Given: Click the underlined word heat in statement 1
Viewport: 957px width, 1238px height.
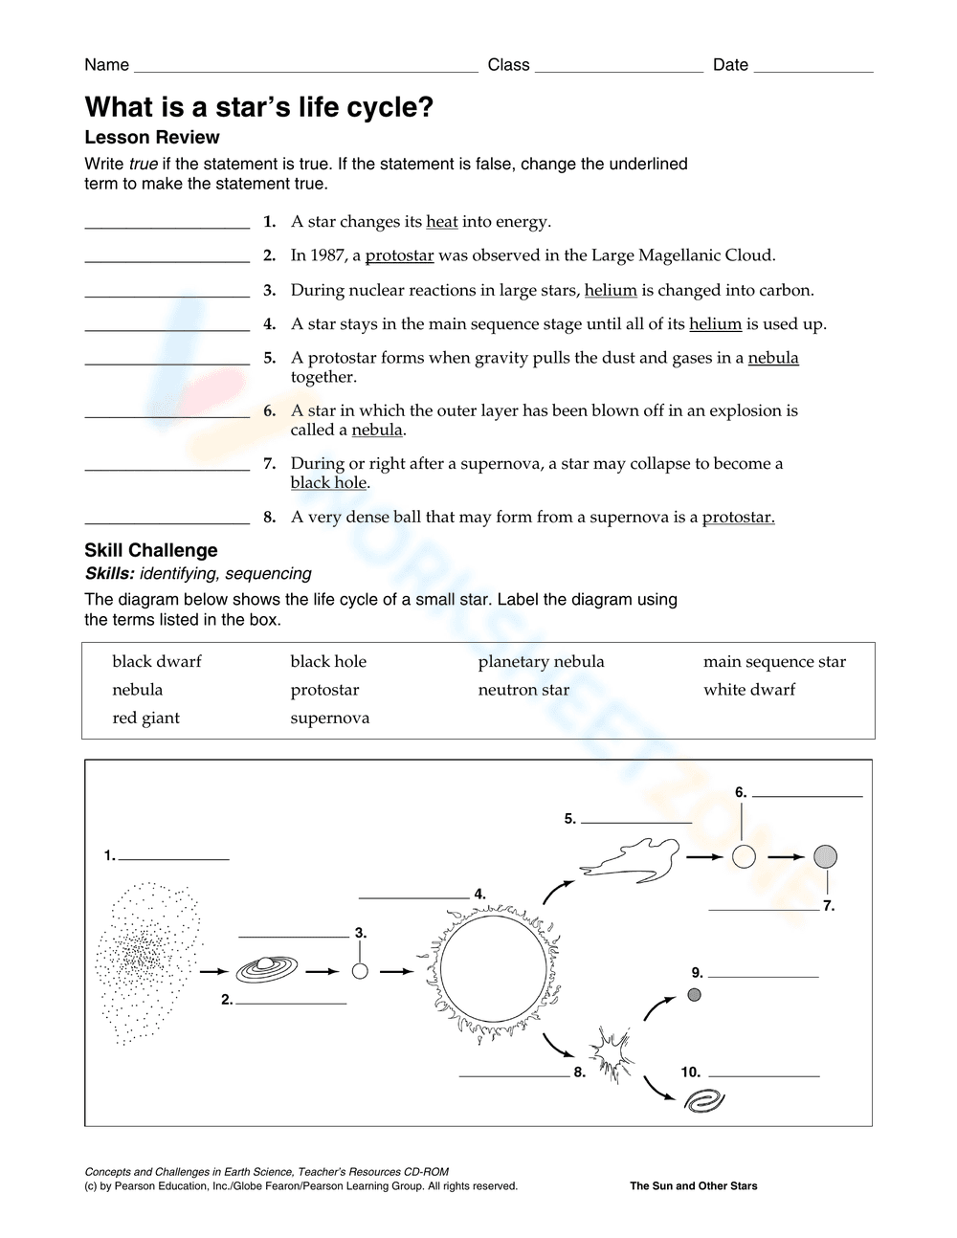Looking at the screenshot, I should tap(441, 222).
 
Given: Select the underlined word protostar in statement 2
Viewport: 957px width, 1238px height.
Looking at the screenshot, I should tap(399, 255).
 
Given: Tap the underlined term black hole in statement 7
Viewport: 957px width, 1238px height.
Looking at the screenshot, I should tap(328, 483).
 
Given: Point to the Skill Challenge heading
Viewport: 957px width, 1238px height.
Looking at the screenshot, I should tap(150, 550).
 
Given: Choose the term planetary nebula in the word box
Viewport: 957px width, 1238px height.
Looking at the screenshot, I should tap(541, 662).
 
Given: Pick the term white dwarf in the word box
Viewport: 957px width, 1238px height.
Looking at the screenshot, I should tap(748, 690).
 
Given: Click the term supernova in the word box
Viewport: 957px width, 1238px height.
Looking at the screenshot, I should tap(329, 718).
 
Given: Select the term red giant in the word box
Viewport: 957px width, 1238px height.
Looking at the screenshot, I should tap(145, 718).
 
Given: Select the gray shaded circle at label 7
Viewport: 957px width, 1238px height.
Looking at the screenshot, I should tap(825, 856).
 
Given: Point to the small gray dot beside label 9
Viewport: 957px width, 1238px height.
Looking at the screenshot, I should tap(695, 995).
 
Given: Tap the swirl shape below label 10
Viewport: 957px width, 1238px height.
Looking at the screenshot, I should tap(704, 1102).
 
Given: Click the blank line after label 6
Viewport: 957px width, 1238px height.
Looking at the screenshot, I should tap(812, 795).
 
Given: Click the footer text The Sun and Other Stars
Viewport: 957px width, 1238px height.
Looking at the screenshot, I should tap(693, 1186).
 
